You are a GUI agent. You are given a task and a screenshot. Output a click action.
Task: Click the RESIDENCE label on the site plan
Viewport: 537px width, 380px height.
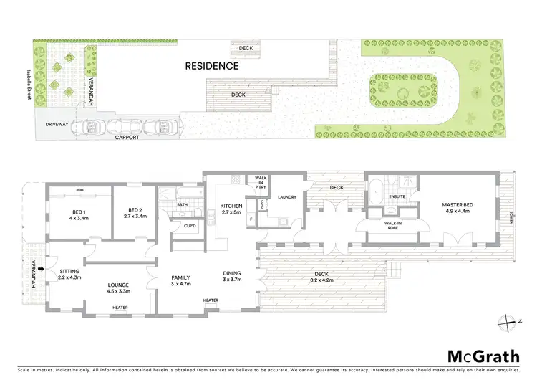pyautogui.click(x=212, y=66)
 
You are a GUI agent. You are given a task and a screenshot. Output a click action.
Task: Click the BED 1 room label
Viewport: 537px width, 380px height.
pyautogui.click(x=79, y=213)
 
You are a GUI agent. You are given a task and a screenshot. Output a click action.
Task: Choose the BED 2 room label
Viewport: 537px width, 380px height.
pyautogui.click(x=135, y=213)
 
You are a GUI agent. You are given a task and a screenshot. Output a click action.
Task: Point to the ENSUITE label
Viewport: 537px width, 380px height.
pyautogui.click(x=397, y=195)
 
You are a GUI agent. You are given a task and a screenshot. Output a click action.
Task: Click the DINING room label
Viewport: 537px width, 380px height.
pyautogui.click(x=231, y=273)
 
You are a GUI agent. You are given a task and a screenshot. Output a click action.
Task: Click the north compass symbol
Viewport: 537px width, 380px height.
pyautogui.click(x=508, y=320)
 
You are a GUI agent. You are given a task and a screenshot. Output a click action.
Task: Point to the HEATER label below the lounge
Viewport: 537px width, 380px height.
pyautogui.click(x=120, y=308)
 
